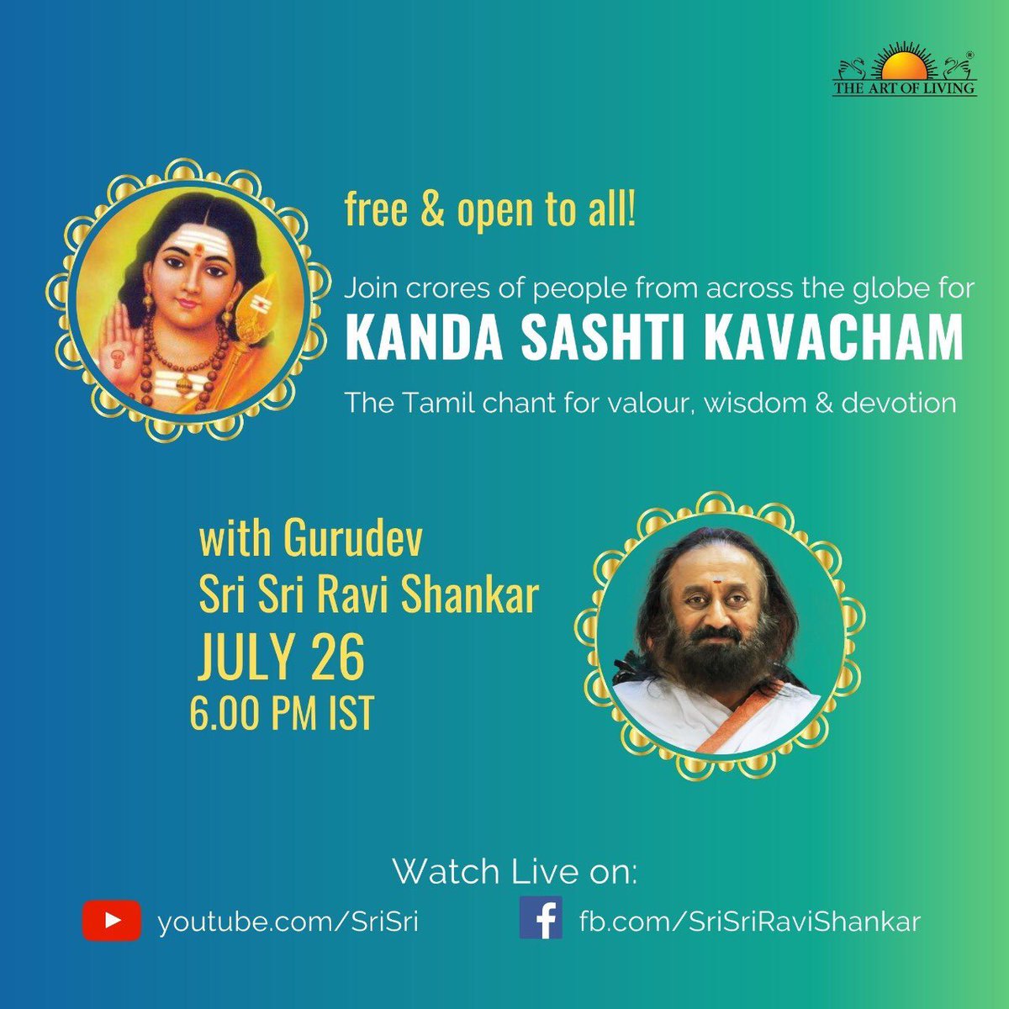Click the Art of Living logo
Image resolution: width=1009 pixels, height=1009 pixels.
(x=904, y=73)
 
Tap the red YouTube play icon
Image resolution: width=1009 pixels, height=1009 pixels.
(x=112, y=921)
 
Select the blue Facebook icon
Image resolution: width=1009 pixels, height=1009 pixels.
(x=541, y=917)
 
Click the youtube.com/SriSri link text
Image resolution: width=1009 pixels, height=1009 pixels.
(x=288, y=921)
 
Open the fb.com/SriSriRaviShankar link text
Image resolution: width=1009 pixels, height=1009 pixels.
(x=749, y=921)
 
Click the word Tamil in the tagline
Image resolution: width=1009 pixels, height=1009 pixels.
(x=431, y=404)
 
